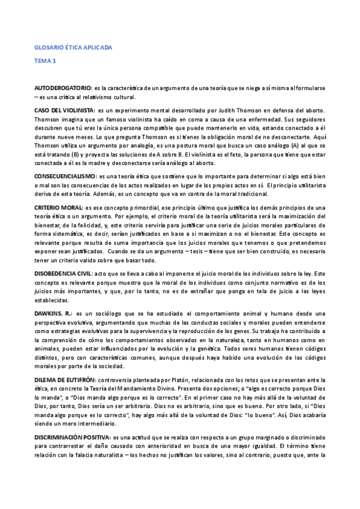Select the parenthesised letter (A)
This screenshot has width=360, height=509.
coord(301,136)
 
